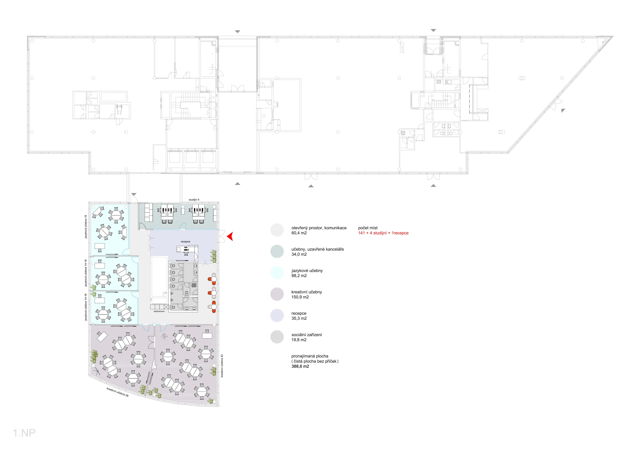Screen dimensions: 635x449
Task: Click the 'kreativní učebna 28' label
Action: [x=118, y=392]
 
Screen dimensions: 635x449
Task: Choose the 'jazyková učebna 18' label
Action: [x=86, y=227]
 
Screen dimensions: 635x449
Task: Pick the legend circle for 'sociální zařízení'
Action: [x=277, y=337]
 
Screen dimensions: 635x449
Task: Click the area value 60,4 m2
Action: [x=299, y=233]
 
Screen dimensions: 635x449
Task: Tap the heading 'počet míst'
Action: [x=368, y=228]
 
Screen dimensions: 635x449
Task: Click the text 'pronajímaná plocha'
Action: [x=310, y=356]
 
